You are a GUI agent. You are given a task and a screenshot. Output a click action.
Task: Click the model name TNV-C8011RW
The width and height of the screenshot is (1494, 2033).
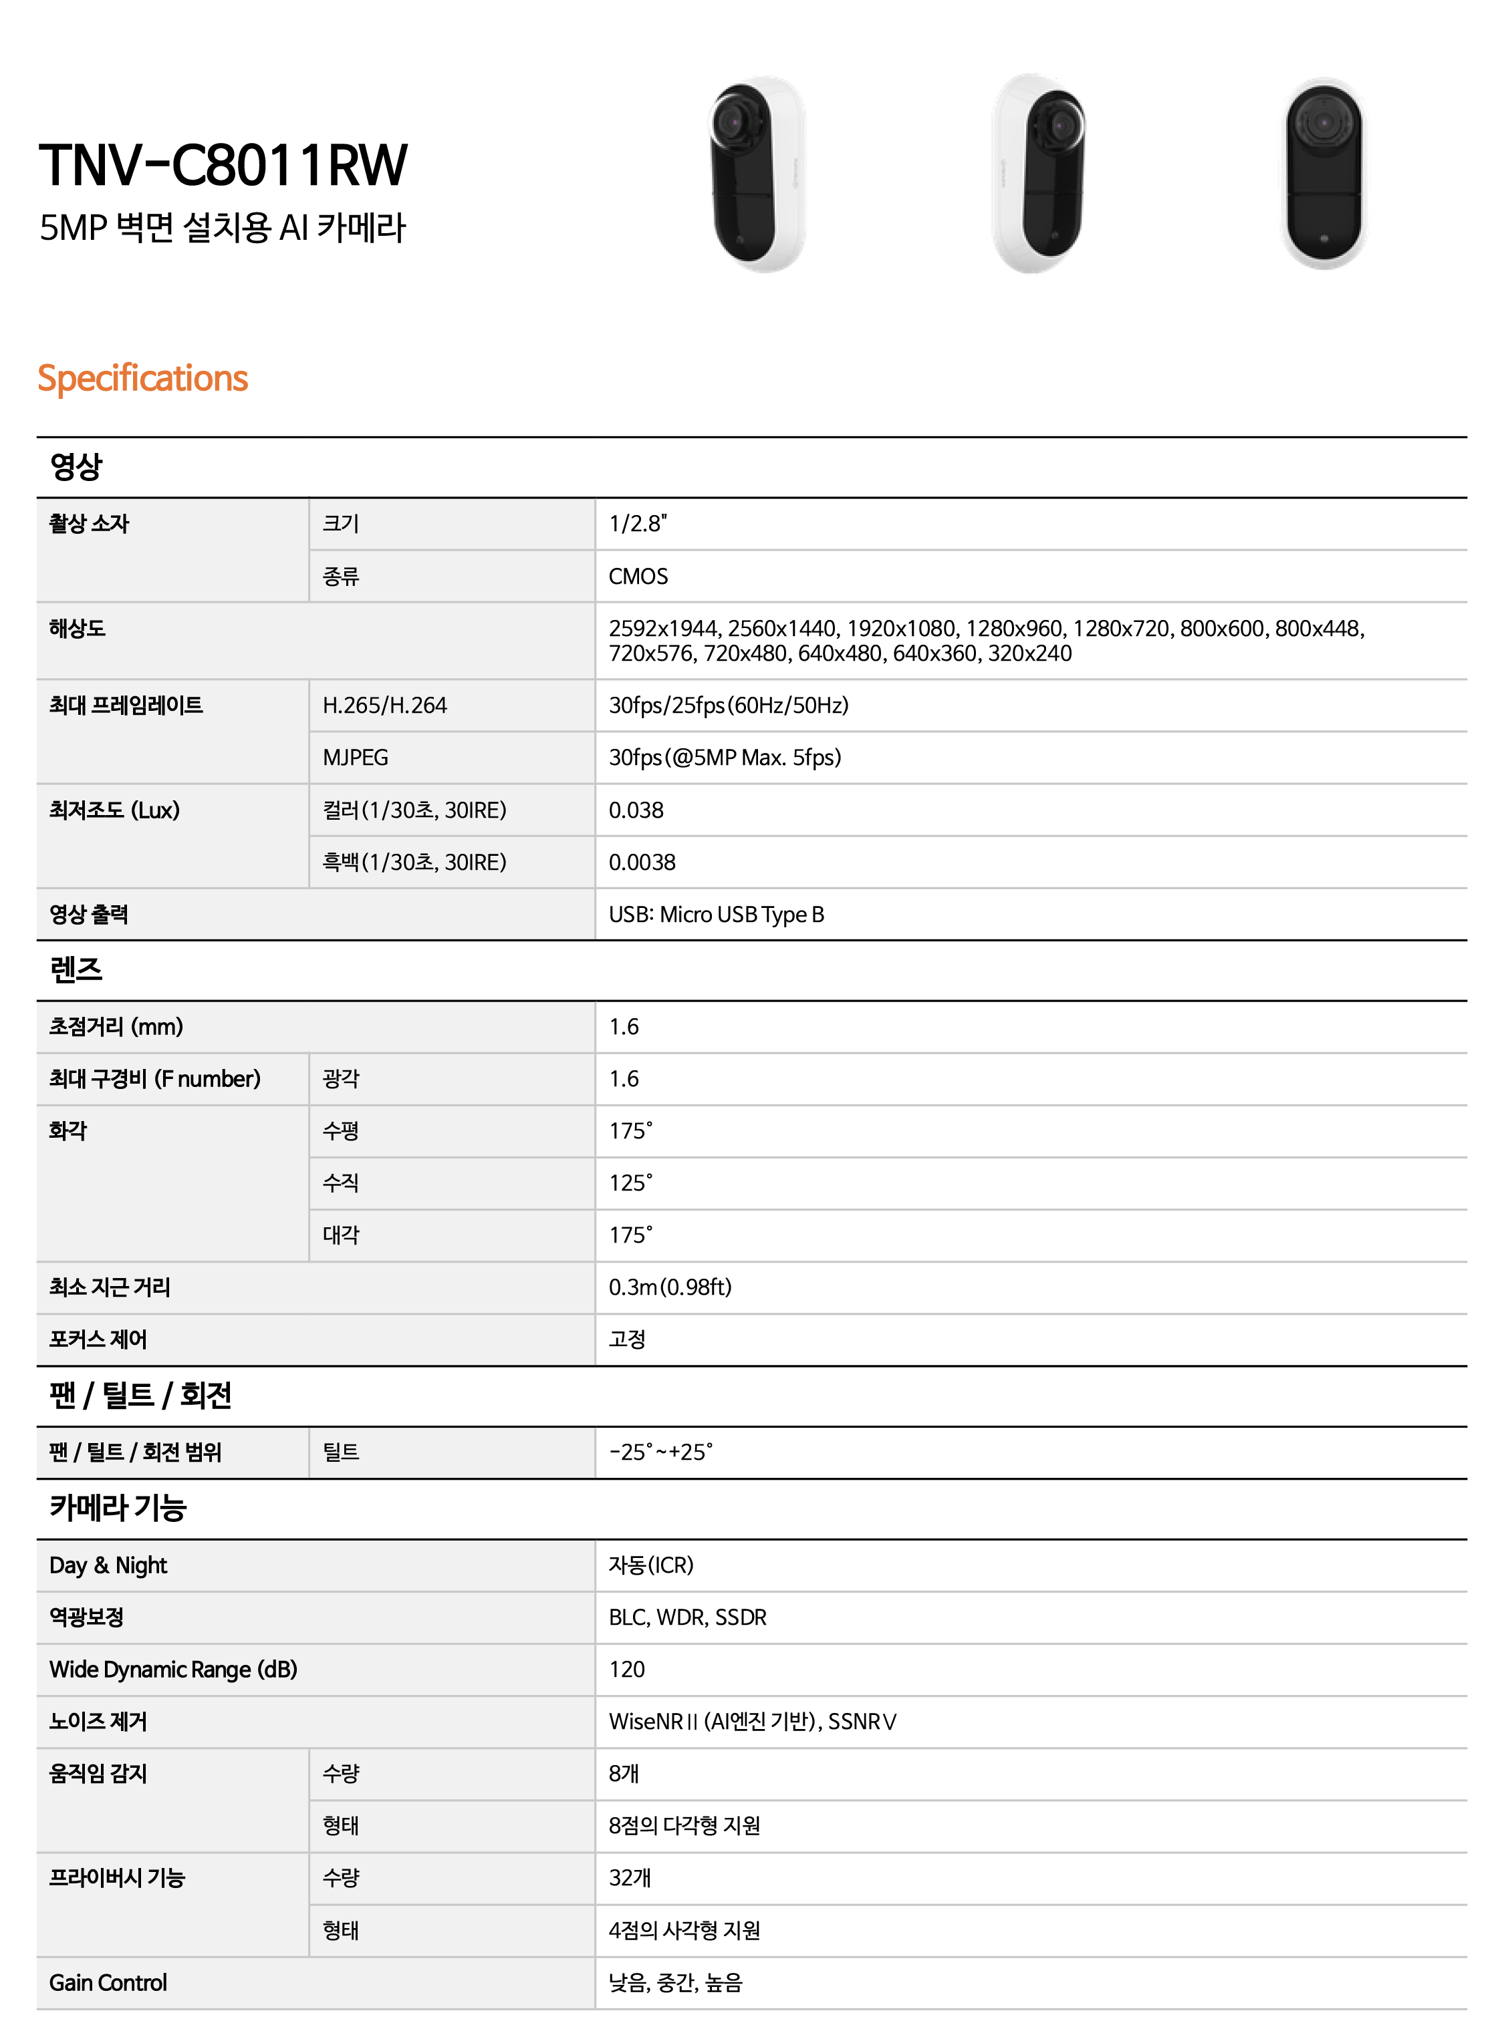[x=223, y=166]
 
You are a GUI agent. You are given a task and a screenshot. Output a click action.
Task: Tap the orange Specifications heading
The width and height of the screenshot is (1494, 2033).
[x=142, y=378]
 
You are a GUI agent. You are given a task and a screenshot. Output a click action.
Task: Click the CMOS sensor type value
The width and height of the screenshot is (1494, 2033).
[x=638, y=576]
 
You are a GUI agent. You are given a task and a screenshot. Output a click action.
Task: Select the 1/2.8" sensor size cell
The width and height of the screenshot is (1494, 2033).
[x=638, y=523]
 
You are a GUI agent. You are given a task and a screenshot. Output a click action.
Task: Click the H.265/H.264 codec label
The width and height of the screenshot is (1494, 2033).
[x=384, y=705]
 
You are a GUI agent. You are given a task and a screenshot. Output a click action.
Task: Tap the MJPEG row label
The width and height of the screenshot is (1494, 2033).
[x=356, y=758]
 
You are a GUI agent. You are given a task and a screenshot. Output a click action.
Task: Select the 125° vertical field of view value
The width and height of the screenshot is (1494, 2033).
[x=630, y=1183]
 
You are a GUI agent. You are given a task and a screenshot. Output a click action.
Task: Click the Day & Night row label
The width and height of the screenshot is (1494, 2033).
[x=108, y=1565]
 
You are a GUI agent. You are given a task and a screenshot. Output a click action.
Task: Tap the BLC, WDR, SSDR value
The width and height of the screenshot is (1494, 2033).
[x=687, y=1617]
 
